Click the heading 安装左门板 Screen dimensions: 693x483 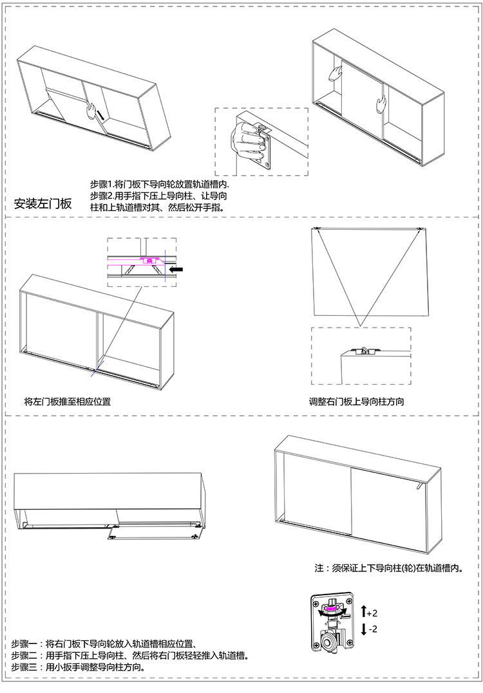(43, 204)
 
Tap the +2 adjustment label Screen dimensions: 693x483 (372, 612)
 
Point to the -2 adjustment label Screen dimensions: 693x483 (372, 629)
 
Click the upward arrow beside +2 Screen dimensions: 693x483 (363, 611)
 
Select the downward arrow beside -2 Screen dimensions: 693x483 (363, 629)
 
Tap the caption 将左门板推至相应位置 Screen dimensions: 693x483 (67, 402)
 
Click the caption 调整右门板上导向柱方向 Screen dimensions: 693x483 (356, 402)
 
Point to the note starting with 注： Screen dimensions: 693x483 (389, 568)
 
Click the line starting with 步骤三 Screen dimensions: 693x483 (77, 667)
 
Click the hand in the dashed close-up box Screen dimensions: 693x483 (249, 141)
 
